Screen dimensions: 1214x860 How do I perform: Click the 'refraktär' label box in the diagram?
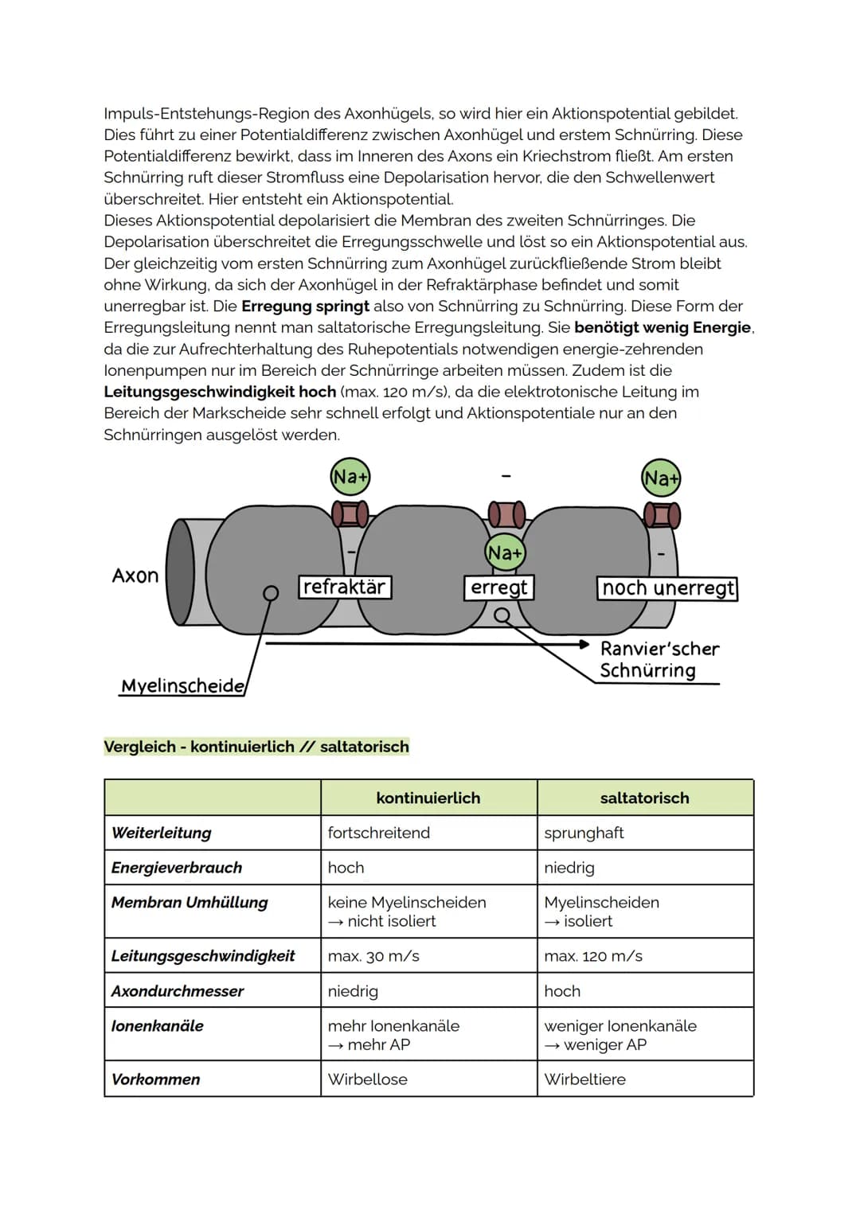click(344, 587)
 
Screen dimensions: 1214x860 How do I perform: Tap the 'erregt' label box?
click(499, 587)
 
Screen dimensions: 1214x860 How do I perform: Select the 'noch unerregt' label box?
click(667, 588)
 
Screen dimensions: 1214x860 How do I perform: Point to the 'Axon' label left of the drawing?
click(135, 576)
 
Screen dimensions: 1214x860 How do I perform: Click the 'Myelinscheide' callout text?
click(182, 686)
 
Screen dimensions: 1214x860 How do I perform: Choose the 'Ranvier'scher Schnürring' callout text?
click(659, 660)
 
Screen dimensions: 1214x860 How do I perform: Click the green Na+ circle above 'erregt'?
click(505, 552)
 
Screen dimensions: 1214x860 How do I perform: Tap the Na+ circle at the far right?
click(661, 478)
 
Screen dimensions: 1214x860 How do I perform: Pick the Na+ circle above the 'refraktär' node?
click(350, 477)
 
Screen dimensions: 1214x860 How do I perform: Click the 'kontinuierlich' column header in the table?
click(428, 798)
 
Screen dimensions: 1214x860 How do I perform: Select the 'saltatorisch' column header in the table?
click(644, 798)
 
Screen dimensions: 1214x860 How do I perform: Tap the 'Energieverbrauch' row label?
click(177, 868)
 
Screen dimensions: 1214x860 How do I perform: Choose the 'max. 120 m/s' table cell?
click(593, 956)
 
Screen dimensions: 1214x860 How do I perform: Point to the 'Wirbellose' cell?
click(367, 1079)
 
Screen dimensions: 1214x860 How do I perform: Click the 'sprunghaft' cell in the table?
click(584, 833)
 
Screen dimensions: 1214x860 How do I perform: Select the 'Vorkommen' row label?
click(156, 1079)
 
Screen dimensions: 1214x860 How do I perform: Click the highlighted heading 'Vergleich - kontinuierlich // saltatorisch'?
click(256, 747)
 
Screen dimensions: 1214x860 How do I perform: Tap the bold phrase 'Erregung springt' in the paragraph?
click(305, 306)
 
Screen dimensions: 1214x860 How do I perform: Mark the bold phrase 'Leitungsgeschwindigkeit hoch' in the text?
click(220, 392)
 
